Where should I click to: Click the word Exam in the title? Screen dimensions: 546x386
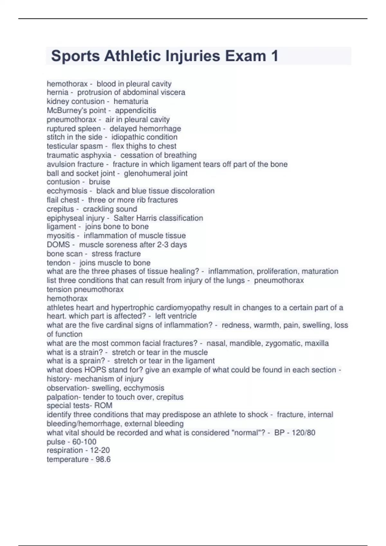245,56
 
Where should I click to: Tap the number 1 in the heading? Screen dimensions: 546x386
274,56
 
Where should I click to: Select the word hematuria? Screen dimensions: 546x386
131,101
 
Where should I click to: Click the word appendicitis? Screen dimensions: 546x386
135,110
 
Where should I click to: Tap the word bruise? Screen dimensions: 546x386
99,182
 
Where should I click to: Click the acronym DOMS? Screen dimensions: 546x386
58,245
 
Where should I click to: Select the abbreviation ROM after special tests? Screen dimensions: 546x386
103,406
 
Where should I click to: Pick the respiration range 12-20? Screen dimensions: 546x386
100,450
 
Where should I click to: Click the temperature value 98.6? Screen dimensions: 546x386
103,459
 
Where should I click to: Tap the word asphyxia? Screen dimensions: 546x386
98,155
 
